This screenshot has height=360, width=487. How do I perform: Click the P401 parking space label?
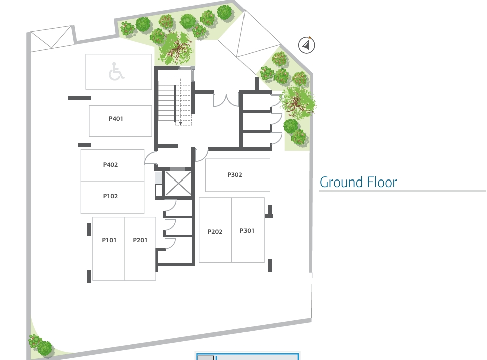[116, 119]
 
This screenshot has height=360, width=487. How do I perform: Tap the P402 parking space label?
[110, 165]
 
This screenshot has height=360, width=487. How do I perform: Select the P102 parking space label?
[110, 196]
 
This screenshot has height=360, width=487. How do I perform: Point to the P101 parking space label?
[109, 240]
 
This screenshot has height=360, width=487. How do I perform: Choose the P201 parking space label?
[140, 240]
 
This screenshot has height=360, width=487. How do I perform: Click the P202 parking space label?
[215, 232]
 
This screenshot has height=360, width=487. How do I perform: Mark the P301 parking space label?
[247, 230]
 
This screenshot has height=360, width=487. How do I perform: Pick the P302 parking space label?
[235, 175]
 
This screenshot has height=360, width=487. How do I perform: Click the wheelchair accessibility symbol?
[116, 72]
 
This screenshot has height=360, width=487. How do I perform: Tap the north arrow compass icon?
[306, 45]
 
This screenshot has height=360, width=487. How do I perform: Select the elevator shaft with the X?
[178, 184]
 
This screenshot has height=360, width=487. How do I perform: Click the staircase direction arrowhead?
[180, 123]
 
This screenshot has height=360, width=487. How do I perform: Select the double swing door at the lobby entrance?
[226, 101]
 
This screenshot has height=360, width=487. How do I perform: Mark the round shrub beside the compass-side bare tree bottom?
[291, 126]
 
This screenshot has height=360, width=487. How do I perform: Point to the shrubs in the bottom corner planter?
[41, 345]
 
